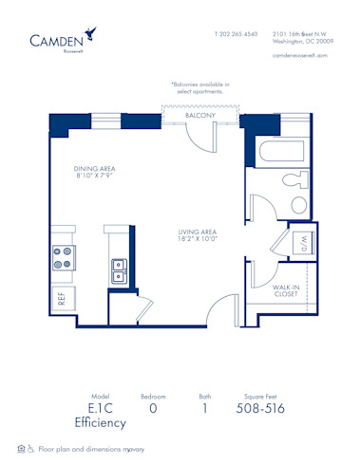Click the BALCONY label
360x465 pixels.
click(x=199, y=115)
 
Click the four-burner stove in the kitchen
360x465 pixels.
click(x=64, y=257)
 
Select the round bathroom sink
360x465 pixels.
click(x=298, y=205)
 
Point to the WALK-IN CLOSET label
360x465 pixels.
click(x=286, y=291)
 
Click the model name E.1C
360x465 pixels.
click(x=93, y=409)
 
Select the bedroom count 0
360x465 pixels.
click(x=154, y=409)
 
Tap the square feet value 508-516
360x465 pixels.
click(x=258, y=409)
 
